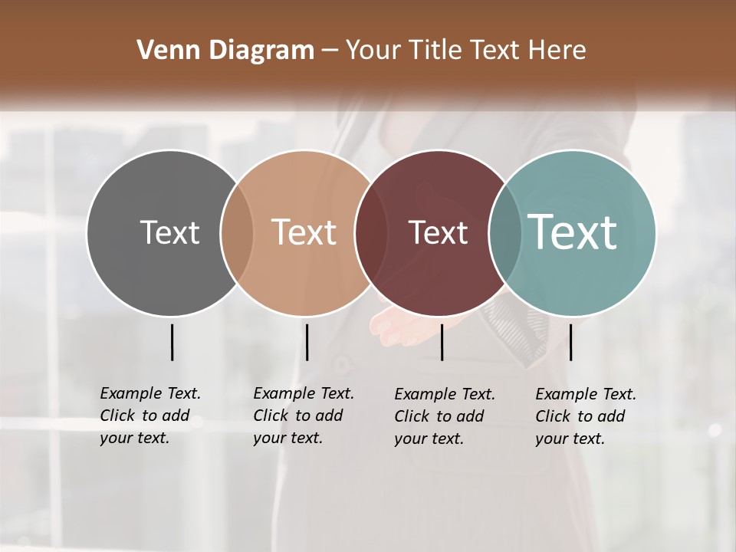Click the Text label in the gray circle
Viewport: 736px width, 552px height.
[169, 232]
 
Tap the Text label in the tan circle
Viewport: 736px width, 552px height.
[304, 232]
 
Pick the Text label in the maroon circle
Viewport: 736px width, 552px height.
[438, 232]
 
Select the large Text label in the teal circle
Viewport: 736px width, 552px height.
[573, 232]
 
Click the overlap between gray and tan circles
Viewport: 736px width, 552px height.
[237, 232]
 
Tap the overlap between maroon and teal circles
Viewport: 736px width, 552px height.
[505, 232]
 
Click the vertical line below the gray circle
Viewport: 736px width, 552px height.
[172, 342]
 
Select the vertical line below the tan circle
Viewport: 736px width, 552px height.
[307, 342]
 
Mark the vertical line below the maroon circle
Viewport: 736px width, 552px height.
[442, 342]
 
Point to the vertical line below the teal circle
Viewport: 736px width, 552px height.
[570, 342]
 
